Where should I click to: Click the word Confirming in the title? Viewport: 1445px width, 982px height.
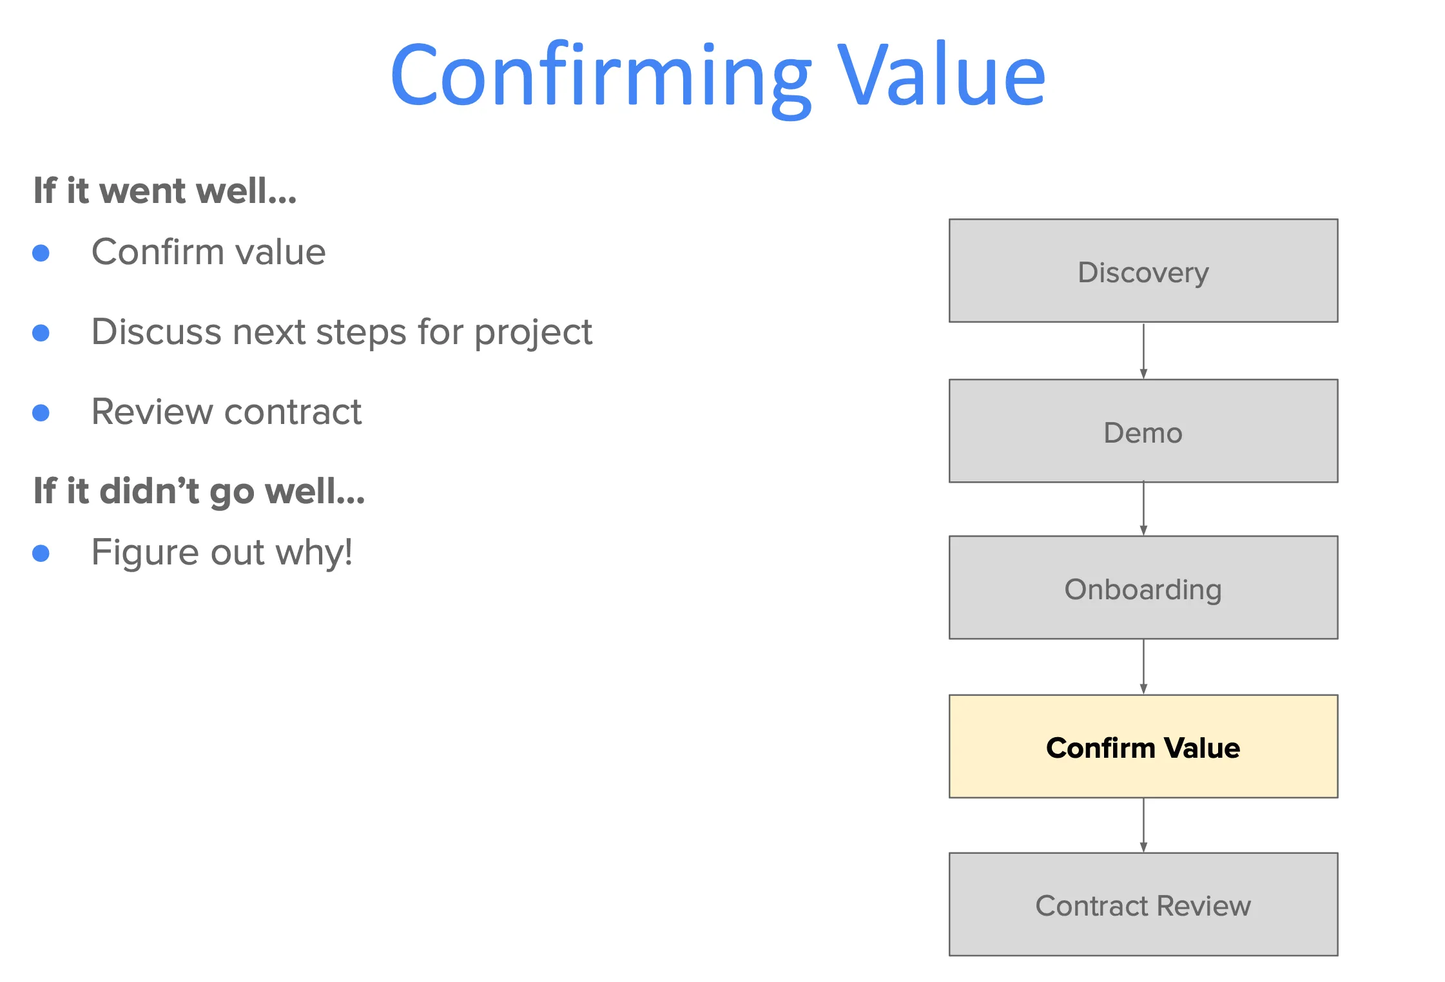pos(599,76)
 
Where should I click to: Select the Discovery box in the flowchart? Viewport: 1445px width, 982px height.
pos(1143,271)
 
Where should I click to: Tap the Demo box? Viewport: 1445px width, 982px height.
pos(1143,431)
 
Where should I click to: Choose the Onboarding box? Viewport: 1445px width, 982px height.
pos(1143,588)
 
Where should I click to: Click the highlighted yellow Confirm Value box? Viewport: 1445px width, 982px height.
pos(1143,747)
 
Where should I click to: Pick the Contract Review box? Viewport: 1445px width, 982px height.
pos(1143,905)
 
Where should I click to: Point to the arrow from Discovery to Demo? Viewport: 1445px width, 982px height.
pos(1143,351)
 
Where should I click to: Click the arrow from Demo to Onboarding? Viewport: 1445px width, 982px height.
pos(1143,509)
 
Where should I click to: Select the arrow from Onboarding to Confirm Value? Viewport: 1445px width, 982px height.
pos(1143,667)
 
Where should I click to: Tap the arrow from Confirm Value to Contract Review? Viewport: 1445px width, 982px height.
pos(1143,825)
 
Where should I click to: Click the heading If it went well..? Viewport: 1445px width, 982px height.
pos(165,191)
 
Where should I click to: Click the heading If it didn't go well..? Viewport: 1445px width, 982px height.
pos(199,491)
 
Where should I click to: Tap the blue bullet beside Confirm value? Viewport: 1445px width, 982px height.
pos(41,253)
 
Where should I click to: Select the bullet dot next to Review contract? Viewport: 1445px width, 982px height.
pos(41,413)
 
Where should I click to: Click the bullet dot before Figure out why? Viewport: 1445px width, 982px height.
pos(41,554)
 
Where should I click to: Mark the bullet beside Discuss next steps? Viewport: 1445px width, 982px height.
pos(41,333)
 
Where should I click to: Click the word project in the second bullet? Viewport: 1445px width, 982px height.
pos(533,333)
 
